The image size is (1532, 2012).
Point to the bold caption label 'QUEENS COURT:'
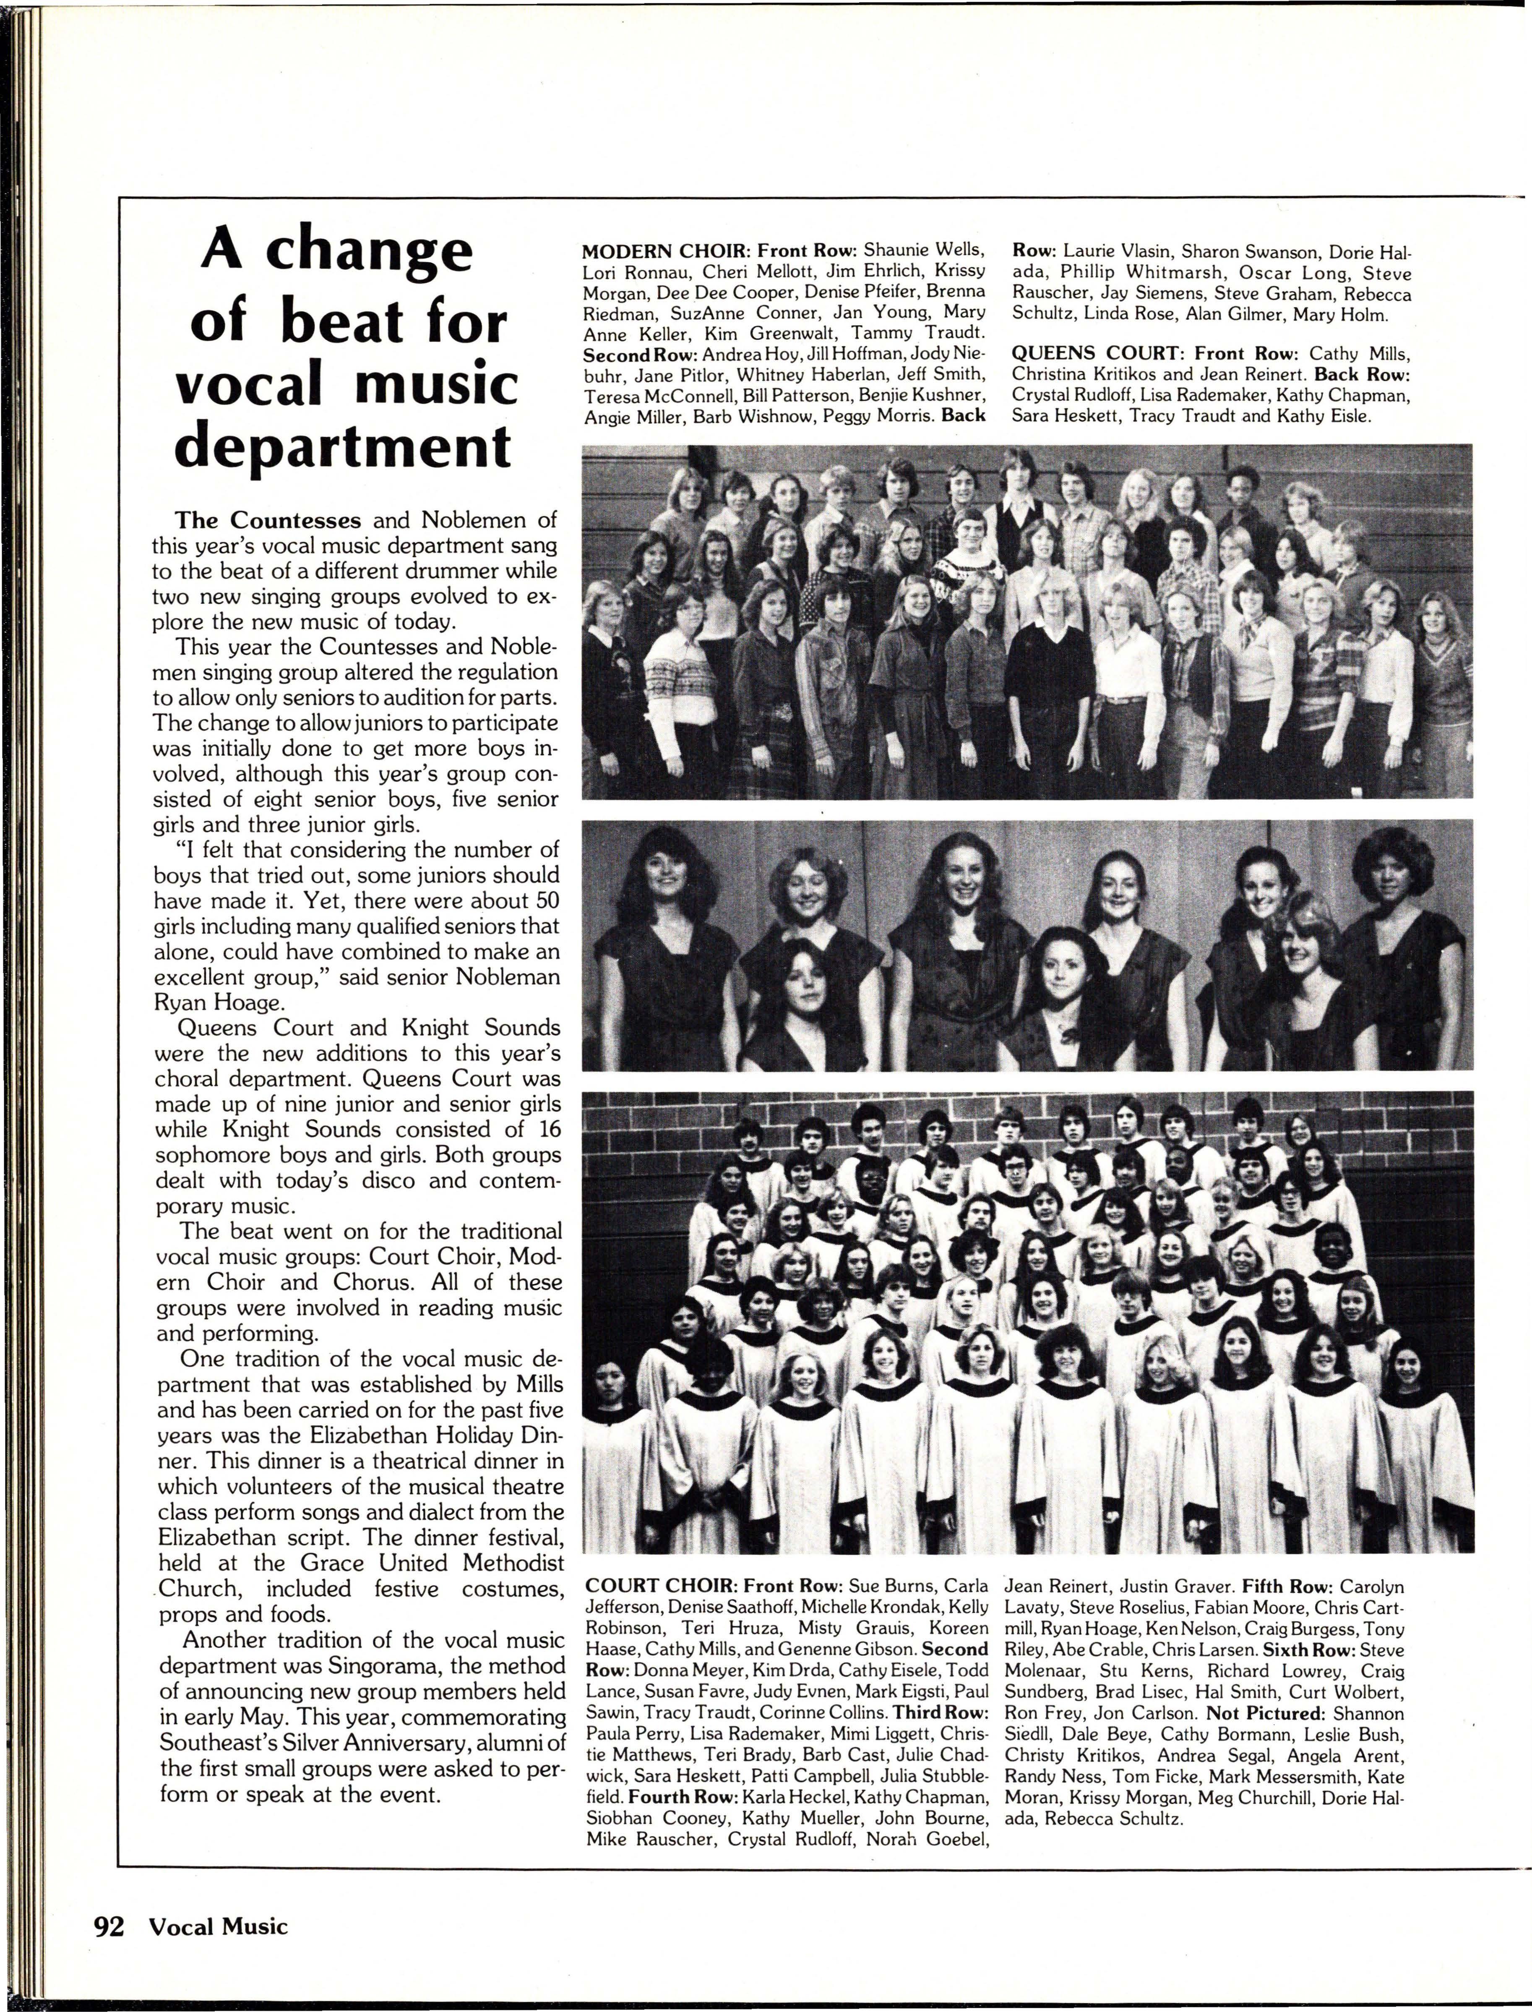coord(1100,353)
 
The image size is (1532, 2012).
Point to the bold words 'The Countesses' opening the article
coord(268,520)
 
